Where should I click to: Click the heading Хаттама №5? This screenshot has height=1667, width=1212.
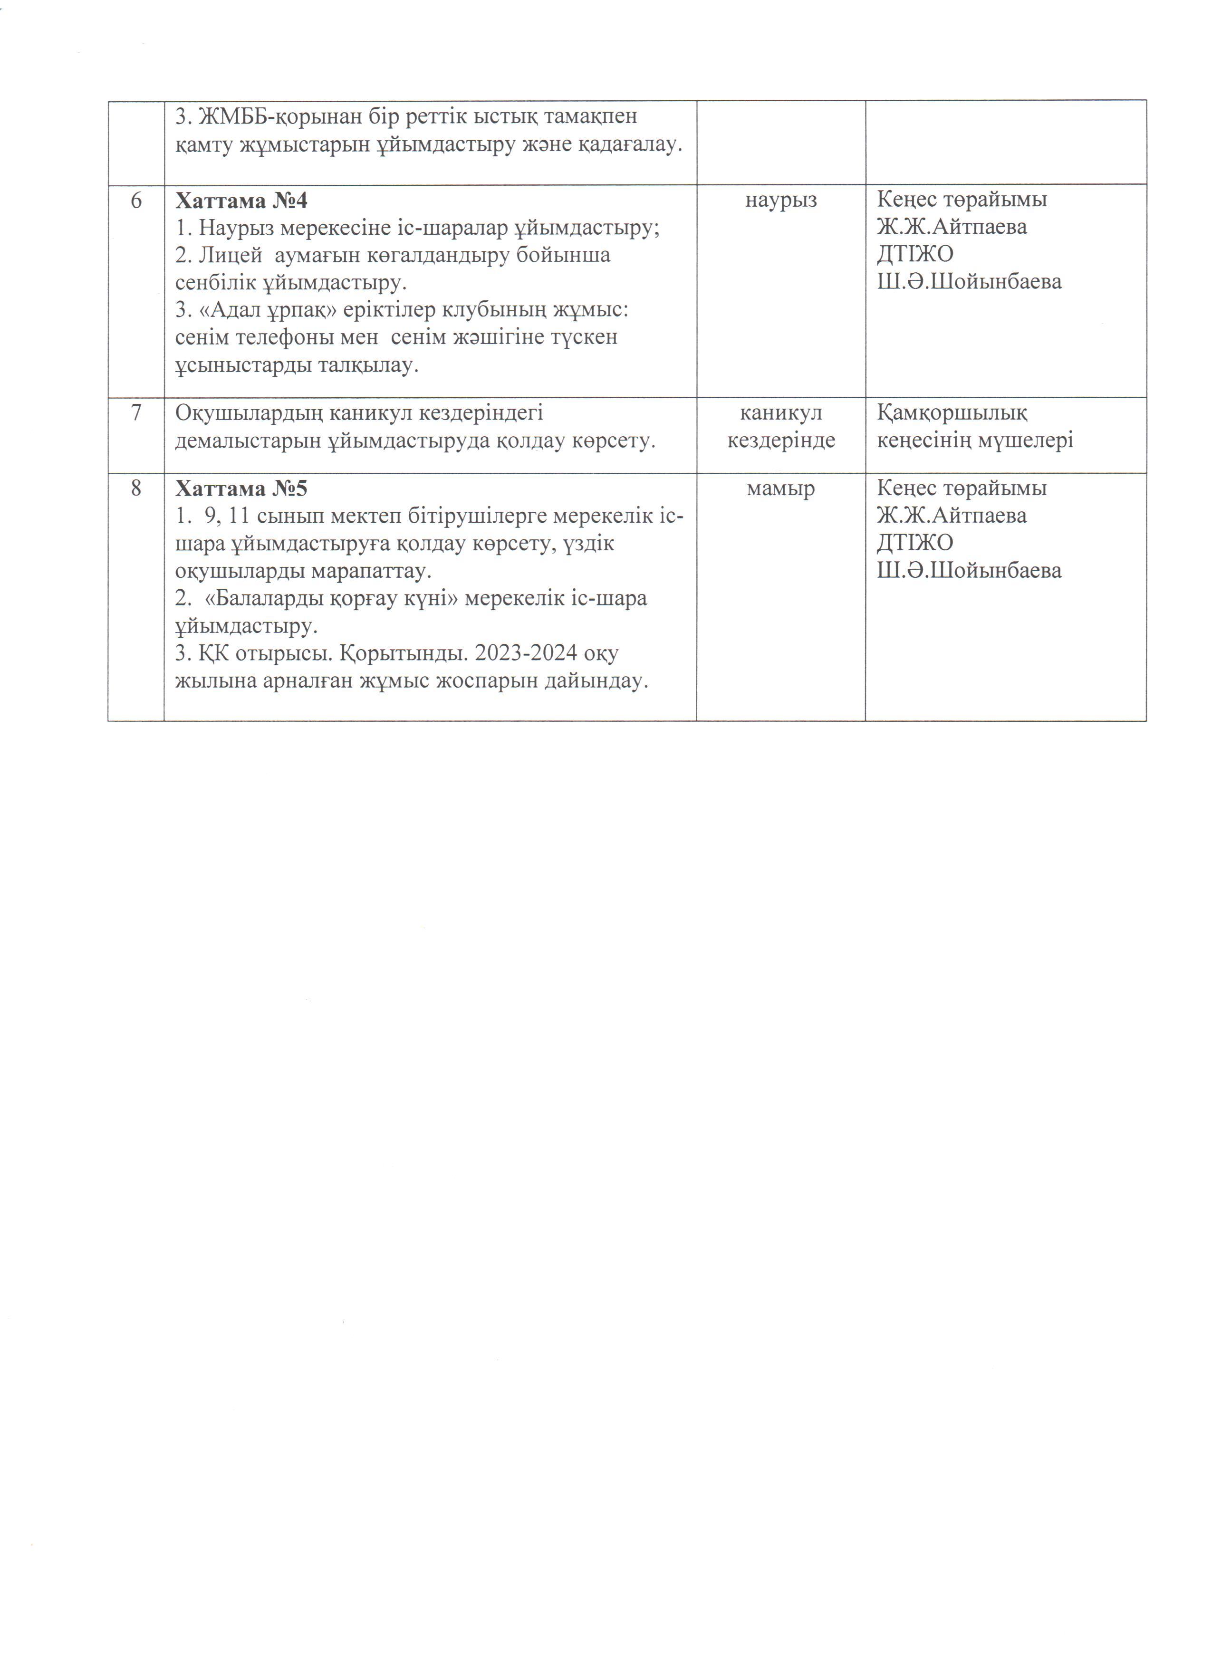241,489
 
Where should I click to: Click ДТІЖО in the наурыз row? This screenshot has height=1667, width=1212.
914,254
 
